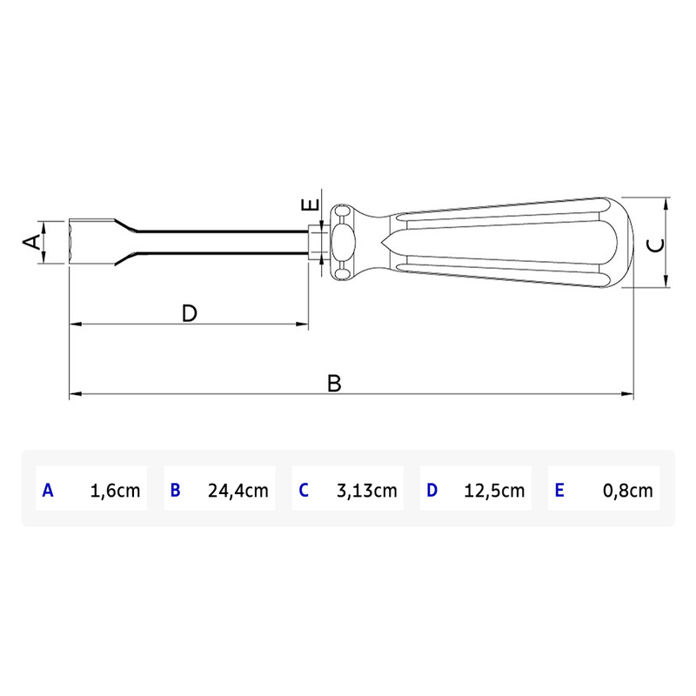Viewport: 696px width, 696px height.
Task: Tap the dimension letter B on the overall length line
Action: (335, 382)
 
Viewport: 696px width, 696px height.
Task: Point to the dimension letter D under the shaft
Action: (190, 313)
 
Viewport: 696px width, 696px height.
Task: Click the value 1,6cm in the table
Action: (115, 491)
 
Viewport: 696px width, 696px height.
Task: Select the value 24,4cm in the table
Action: (238, 491)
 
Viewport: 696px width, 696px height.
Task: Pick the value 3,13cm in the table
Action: (366, 491)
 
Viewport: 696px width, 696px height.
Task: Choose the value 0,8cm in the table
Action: (627, 491)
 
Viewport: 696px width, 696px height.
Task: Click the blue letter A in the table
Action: (48, 491)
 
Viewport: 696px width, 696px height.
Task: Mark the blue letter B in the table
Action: (175, 491)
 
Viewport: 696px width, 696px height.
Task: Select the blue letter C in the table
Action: (303, 491)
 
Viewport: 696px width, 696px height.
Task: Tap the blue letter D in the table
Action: (432, 491)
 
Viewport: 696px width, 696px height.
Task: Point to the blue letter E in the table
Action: (559, 491)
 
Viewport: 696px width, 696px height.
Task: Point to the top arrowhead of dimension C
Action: (666, 204)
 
